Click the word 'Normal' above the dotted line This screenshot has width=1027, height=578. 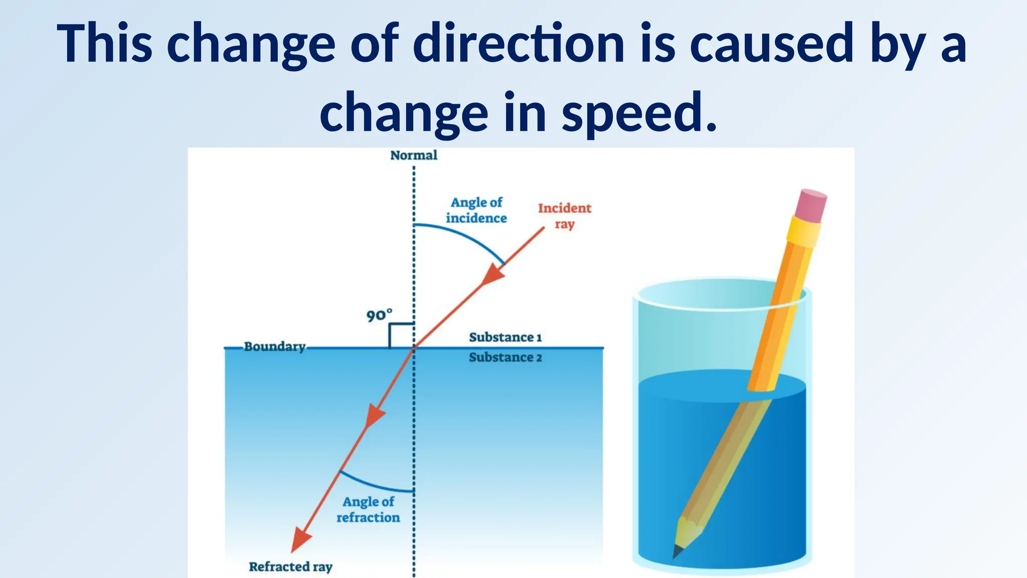[x=414, y=156]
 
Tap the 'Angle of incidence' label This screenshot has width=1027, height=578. [x=476, y=210]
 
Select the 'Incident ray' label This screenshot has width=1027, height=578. [x=565, y=216]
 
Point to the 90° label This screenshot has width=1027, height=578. [x=379, y=316]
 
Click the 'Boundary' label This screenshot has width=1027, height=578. [x=275, y=347]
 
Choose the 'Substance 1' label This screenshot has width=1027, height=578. [x=505, y=337]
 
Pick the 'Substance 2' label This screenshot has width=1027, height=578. [x=505, y=357]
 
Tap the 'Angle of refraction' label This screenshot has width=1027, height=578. [x=369, y=509]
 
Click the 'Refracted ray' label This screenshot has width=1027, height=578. [x=291, y=566]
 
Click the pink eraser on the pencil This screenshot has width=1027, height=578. [x=811, y=205]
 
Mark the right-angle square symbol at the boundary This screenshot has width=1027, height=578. [x=401, y=335]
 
